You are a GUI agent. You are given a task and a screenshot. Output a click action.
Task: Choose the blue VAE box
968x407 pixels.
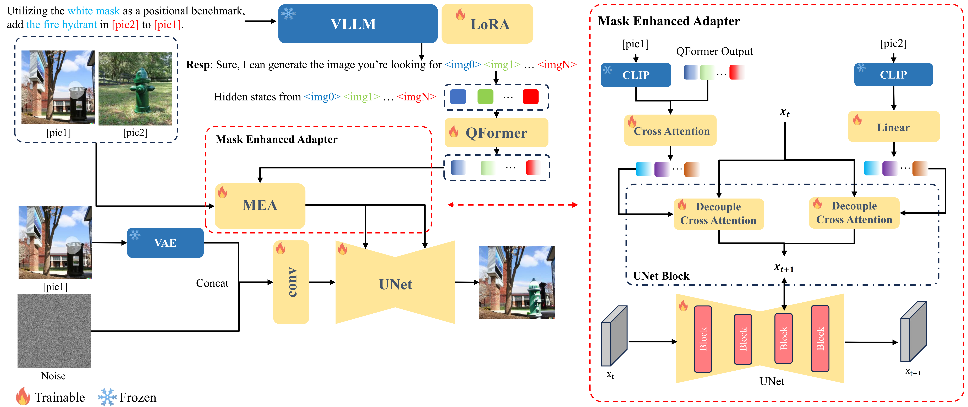165,243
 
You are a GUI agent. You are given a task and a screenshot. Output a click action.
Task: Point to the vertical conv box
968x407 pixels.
291,282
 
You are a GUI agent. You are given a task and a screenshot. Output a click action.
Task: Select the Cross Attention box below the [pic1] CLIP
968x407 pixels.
670,131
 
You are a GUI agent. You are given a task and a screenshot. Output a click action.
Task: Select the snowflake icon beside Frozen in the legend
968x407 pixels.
107,397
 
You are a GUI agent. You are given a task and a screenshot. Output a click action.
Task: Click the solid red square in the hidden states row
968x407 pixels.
530,97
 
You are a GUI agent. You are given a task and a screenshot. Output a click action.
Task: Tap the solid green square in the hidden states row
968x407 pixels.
485,97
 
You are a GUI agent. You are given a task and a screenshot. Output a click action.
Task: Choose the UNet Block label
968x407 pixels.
661,276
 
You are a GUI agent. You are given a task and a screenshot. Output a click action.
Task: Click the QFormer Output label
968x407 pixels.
714,52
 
